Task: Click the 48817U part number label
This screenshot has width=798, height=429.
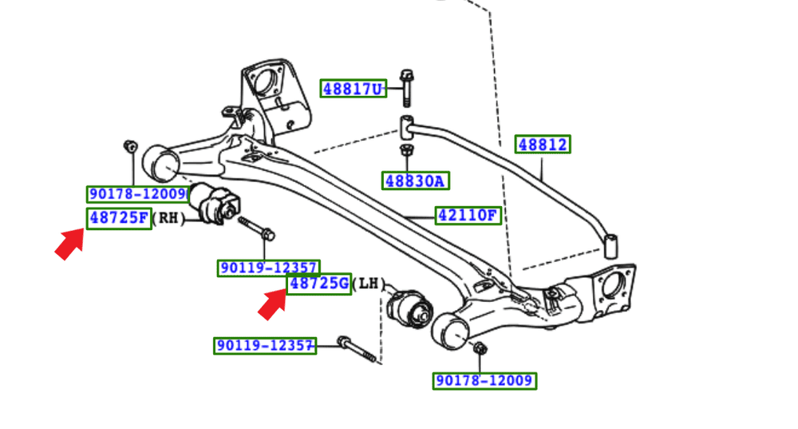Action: click(354, 89)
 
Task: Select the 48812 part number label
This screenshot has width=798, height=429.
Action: click(543, 145)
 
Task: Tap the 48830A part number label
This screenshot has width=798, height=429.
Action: click(415, 181)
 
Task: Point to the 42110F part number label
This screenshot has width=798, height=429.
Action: click(468, 215)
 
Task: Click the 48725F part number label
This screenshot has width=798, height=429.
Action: click(119, 217)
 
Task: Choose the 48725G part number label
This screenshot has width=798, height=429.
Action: click(319, 284)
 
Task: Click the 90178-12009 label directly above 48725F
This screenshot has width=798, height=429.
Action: click(137, 194)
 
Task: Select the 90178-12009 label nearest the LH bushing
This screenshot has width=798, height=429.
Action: click(484, 380)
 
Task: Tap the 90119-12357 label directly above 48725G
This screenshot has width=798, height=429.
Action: click(269, 268)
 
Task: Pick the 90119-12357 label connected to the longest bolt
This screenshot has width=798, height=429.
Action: click(264, 346)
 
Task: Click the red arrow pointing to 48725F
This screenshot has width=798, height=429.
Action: click(69, 243)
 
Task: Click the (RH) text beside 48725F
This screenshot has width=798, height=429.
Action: click(168, 218)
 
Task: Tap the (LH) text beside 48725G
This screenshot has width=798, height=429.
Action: click(368, 284)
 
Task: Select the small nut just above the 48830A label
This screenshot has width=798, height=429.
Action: click(405, 150)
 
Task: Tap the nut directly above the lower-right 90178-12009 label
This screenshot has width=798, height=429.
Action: click(480, 348)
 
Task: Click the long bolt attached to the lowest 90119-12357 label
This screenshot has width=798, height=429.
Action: click(356, 350)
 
